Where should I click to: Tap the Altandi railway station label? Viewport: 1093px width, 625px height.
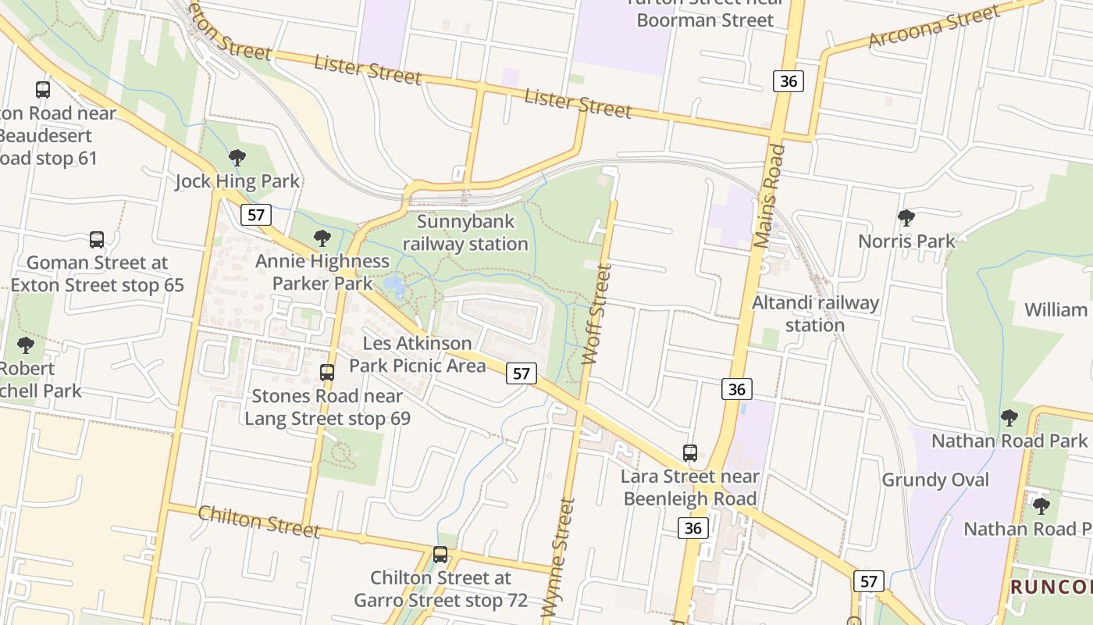[815, 313]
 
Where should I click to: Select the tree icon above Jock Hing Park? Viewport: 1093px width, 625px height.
[237, 158]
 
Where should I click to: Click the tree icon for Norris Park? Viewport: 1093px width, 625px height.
[906, 217]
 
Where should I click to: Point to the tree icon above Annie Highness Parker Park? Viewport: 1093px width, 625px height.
[322, 237]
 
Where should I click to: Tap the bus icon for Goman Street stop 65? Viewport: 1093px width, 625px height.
[97, 239]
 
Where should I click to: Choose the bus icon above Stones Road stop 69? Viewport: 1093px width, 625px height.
[327, 373]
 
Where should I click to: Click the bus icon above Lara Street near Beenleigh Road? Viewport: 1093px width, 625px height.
[690, 452]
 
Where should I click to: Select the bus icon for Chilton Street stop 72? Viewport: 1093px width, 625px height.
[440, 555]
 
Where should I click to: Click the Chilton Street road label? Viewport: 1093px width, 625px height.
[258, 521]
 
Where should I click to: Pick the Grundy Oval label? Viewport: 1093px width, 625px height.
[935, 480]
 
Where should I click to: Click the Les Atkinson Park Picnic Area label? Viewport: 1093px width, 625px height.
[418, 354]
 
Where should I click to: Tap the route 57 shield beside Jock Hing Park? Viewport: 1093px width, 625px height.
[255, 214]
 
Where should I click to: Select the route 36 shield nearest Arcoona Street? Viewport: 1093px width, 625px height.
[789, 80]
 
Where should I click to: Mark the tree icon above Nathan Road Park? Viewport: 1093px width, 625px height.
[1009, 417]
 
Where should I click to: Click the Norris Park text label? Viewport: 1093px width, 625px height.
[906, 241]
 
